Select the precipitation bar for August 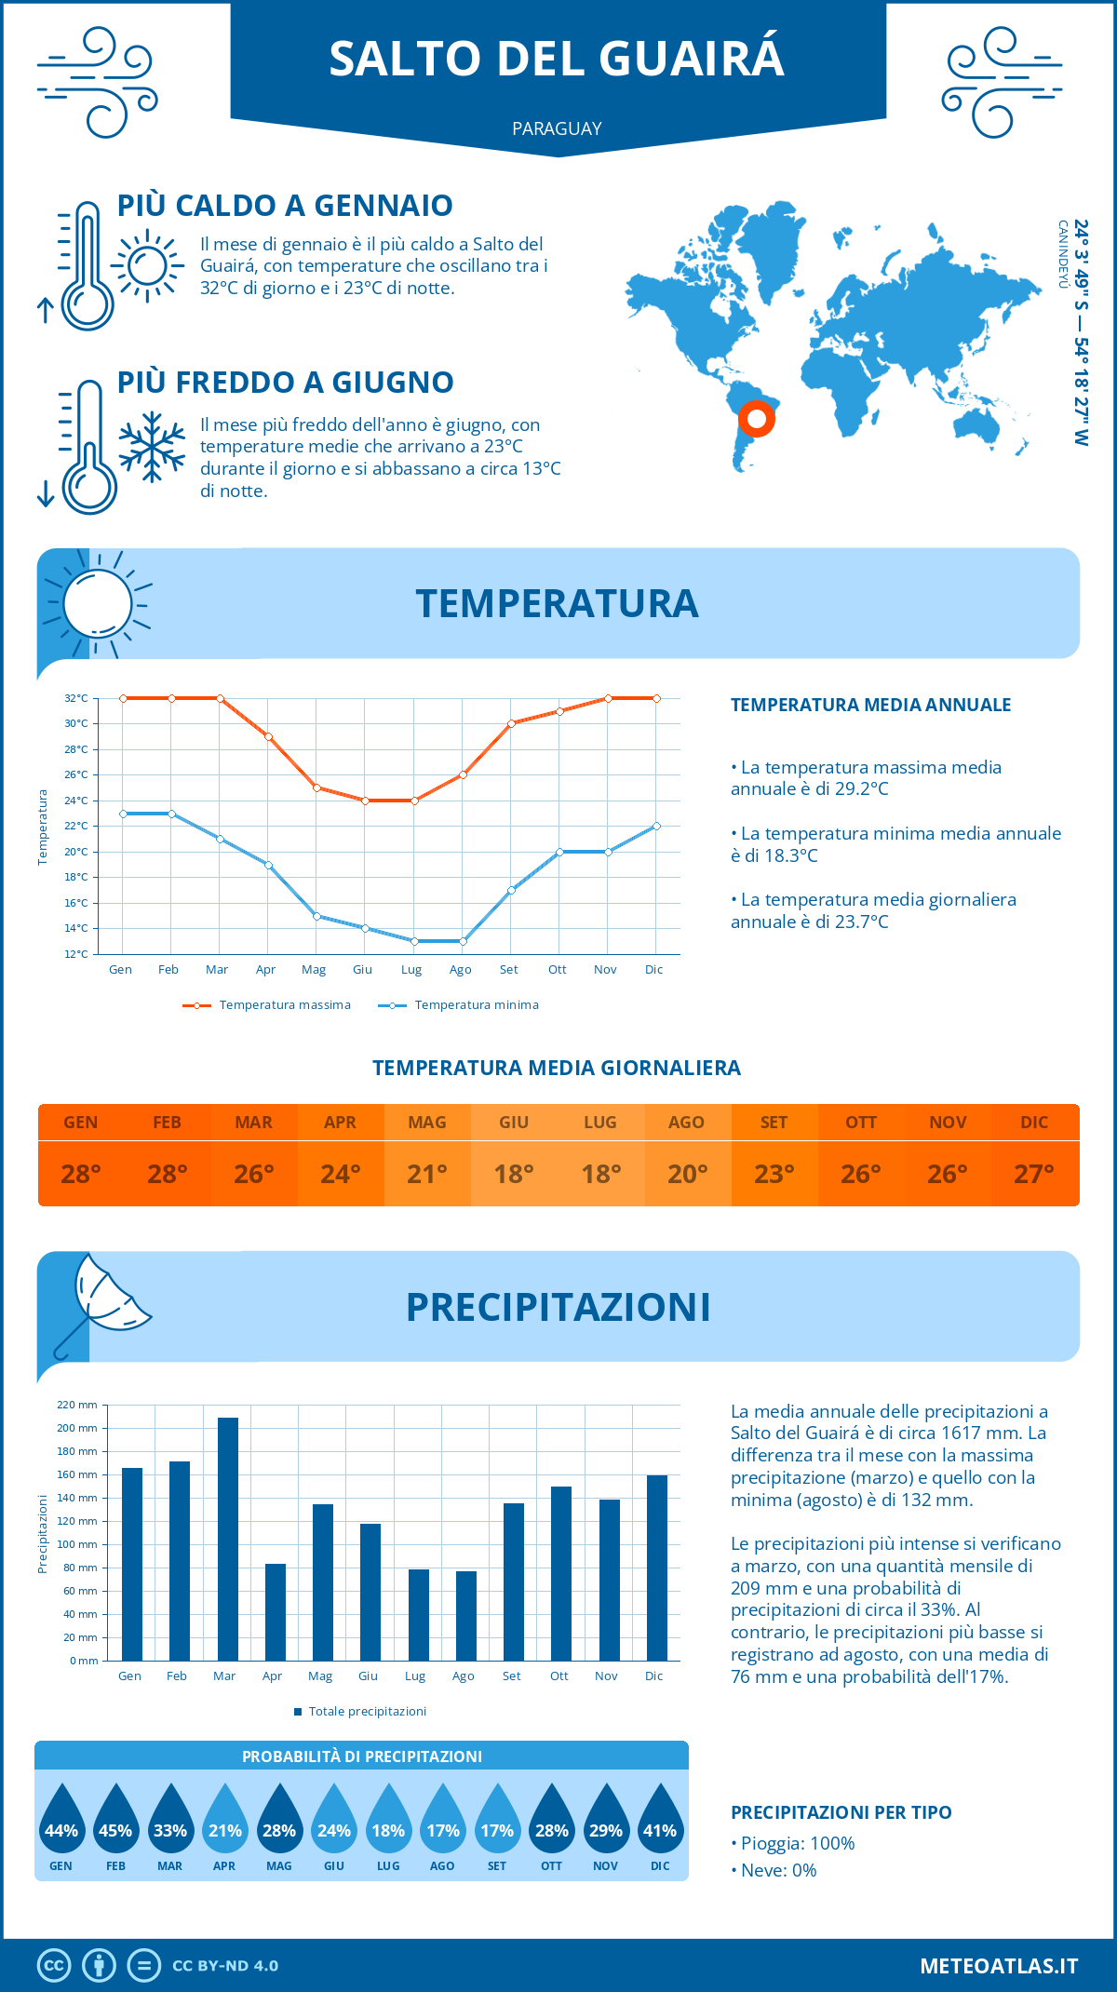point(466,1615)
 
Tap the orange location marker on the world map point(757,419)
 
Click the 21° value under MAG point(427,1174)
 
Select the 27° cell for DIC point(1034,1174)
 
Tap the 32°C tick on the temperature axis point(76,698)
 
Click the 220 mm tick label point(77,1405)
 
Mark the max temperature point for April point(269,736)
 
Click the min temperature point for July point(414,941)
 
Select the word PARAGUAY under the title point(557,128)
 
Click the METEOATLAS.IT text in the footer point(999,1966)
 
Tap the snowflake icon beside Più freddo point(152,447)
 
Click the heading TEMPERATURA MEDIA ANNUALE point(870,705)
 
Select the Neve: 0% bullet point(774,1870)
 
